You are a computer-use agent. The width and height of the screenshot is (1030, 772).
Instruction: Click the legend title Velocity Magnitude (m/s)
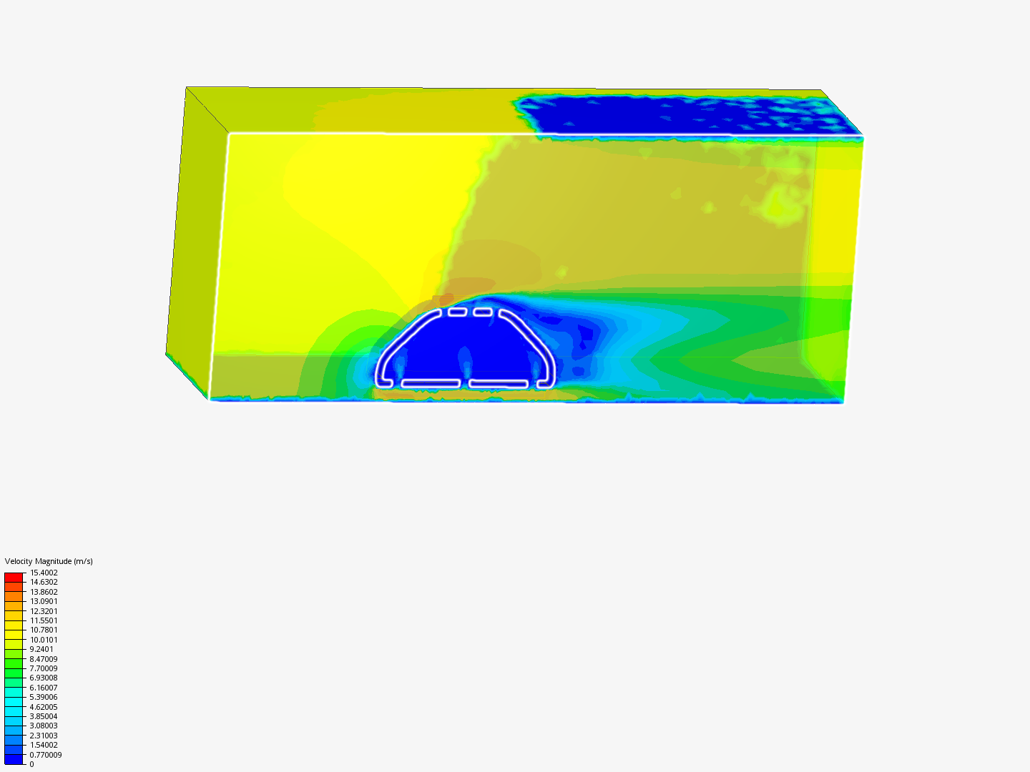point(49,561)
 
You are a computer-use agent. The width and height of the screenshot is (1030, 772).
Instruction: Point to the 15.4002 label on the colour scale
point(44,573)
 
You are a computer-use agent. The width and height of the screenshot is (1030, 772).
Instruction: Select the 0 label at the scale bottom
point(32,764)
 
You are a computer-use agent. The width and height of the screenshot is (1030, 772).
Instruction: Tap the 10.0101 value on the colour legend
point(44,639)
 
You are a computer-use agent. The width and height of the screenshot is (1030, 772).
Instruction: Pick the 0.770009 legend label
point(46,755)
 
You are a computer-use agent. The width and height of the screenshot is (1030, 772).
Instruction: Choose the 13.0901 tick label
point(44,601)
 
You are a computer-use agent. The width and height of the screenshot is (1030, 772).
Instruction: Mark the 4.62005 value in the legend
point(44,707)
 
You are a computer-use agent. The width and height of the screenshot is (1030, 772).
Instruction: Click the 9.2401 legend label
point(41,649)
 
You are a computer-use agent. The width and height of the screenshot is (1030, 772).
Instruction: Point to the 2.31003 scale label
point(44,736)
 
